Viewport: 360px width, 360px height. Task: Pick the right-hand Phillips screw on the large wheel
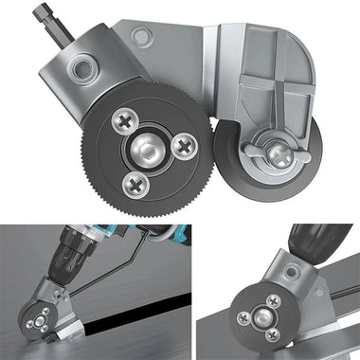point(185,145)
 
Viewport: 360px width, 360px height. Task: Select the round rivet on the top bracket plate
point(140,37)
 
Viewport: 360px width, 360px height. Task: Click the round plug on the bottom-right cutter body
point(288,284)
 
